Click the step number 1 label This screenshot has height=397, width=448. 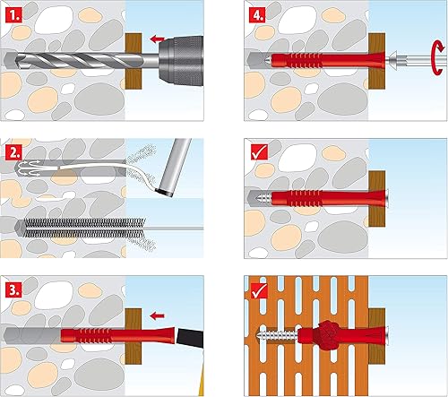(x=13, y=15)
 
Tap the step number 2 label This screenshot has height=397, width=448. (x=13, y=152)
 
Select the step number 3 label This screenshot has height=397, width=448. (x=13, y=289)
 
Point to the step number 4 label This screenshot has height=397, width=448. (x=257, y=15)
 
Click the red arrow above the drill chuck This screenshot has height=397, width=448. (x=157, y=39)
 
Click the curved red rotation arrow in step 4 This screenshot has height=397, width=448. (x=438, y=57)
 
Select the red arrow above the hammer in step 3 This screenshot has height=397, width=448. (x=157, y=315)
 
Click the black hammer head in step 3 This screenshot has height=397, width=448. (x=190, y=338)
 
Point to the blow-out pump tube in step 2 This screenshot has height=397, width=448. (x=175, y=167)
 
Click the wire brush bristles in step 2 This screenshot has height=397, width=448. (x=84, y=228)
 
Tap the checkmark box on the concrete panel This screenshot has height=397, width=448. (x=259, y=152)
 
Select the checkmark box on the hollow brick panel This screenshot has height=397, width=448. (x=259, y=290)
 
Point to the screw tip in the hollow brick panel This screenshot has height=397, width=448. (x=258, y=335)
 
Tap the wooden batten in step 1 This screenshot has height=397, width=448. (x=134, y=61)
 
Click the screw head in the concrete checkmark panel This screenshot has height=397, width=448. (x=386, y=198)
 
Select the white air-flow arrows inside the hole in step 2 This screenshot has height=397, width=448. (x=28, y=168)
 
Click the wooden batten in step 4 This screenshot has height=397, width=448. (x=377, y=61)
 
